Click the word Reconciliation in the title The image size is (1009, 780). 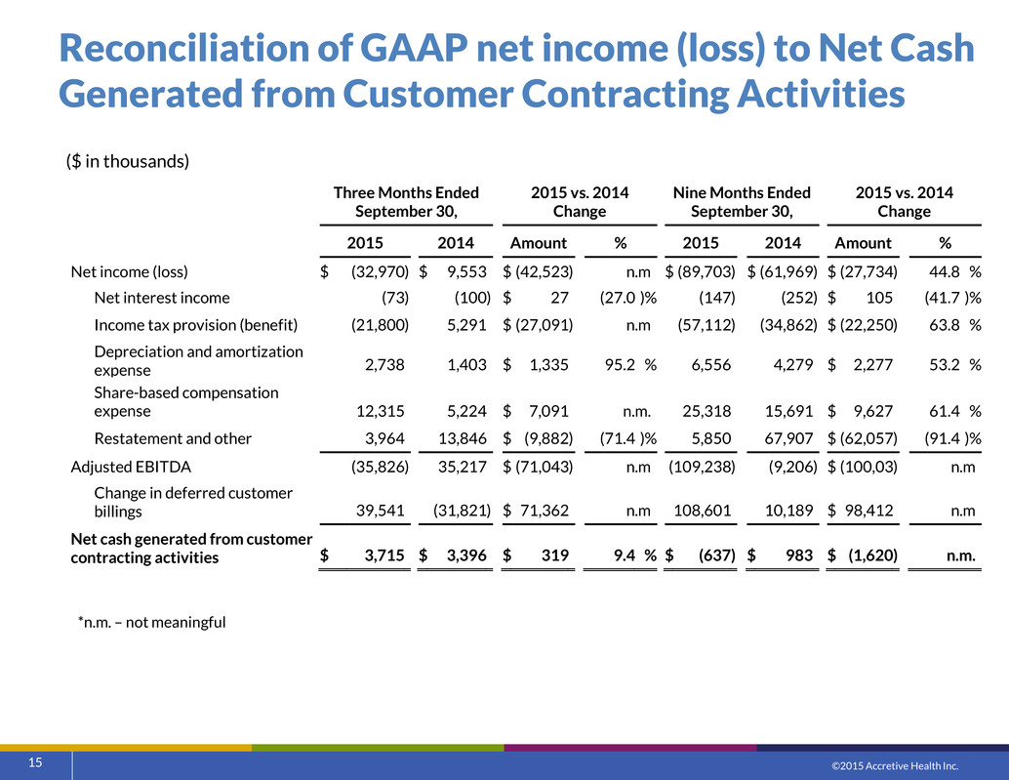(x=206, y=48)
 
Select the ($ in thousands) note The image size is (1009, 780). (x=128, y=161)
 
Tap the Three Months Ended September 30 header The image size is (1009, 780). (x=406, y=202)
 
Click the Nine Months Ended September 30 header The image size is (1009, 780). (x=742, y=202)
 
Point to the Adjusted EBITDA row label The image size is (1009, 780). (x=131, y=467)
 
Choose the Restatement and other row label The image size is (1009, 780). (x=173, y=438)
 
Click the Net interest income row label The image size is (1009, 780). (x=162, y=298)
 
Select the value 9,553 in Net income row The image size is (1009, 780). (x=467, y=271)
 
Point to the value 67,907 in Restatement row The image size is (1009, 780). (x=788, y=438)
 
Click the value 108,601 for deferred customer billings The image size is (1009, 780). (x=702, y=511)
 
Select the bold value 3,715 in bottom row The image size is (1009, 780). (x=384, y=554)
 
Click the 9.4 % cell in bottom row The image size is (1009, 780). (x=635, y=554)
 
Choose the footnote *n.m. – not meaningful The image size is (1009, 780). (x=152, y=622)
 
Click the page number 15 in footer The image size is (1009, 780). (x=35, y=762)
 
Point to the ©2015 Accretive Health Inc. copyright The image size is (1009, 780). (x=895, y=765)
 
